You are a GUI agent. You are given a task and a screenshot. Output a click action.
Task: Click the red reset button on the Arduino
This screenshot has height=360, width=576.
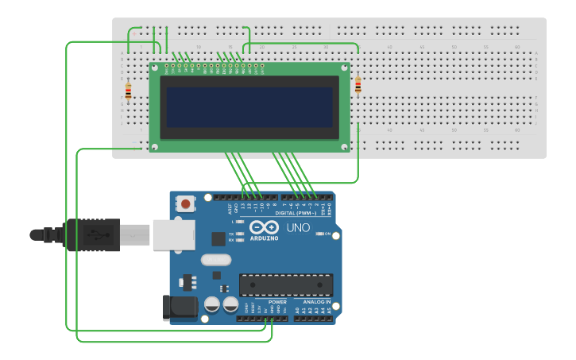(x=185, y=203)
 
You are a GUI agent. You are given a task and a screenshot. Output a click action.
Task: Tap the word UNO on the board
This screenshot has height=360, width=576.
(x=298, y=229)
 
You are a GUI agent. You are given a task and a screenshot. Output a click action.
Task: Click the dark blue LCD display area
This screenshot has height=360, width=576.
(x=249, y=106)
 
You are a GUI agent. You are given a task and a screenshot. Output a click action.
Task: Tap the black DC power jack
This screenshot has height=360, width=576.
(x=180, y=308)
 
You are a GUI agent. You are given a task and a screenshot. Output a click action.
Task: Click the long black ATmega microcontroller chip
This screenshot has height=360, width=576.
(x=286, y=285)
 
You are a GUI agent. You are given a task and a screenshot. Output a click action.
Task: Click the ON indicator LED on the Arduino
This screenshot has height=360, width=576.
(x=319, y=234)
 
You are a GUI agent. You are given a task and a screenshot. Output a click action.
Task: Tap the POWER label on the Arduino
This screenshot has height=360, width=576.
(x=277, y=302)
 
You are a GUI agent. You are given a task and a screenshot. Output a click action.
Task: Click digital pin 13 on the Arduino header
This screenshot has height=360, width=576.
(x=243, y=197)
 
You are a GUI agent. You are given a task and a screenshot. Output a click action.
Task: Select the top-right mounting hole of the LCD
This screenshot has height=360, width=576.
(x=345, y=68)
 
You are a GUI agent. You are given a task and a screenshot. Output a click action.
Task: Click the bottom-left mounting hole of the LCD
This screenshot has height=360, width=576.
(x=155, y=145)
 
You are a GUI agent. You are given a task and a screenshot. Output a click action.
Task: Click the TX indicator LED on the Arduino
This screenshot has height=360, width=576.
(x=240, y=234)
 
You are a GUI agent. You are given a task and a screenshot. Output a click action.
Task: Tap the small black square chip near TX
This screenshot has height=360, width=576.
(x=218, y=238)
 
